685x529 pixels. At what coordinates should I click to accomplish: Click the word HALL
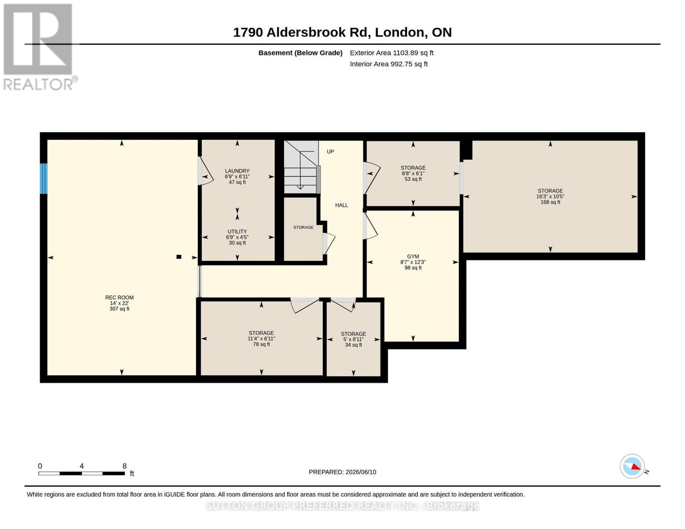coord(341,205)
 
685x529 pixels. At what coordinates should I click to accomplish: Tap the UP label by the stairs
coord(330,152)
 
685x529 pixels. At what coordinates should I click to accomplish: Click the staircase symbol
coord(301,167)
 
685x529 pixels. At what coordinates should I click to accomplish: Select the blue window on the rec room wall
coord(44,179)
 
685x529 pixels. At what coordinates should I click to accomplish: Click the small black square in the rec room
coord(179,257)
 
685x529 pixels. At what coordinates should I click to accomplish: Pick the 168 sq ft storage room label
coord(550,196)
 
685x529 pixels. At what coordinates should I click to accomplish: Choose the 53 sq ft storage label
coord(413,173)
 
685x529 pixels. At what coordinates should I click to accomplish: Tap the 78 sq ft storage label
coord(261,339)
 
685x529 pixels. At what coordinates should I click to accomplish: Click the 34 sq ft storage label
coord(353,339)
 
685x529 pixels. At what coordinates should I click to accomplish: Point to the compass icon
coord(632,466)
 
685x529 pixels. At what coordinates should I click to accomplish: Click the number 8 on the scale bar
coord(124,466)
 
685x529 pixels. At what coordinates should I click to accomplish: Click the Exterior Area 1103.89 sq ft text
coord(392,53)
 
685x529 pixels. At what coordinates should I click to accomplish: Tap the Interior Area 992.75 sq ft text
coord(389,64)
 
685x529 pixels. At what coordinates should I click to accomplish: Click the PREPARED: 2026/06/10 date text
coord(342,472)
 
